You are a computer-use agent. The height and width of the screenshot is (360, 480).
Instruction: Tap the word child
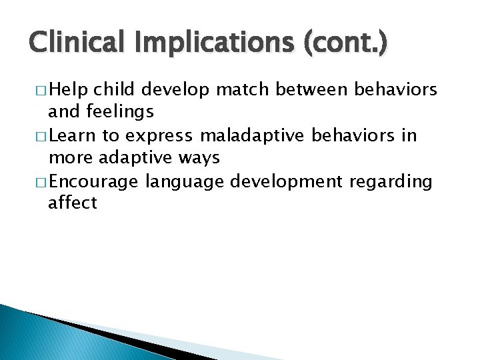114,89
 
